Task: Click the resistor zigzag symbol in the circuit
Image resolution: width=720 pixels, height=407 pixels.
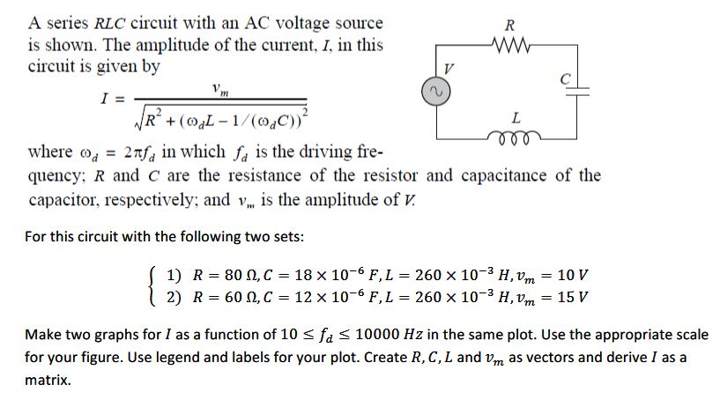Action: pyautogui.click(x=514, y=43)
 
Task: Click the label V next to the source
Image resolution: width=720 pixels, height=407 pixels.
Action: pyautogui.click(x=449, y=70)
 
